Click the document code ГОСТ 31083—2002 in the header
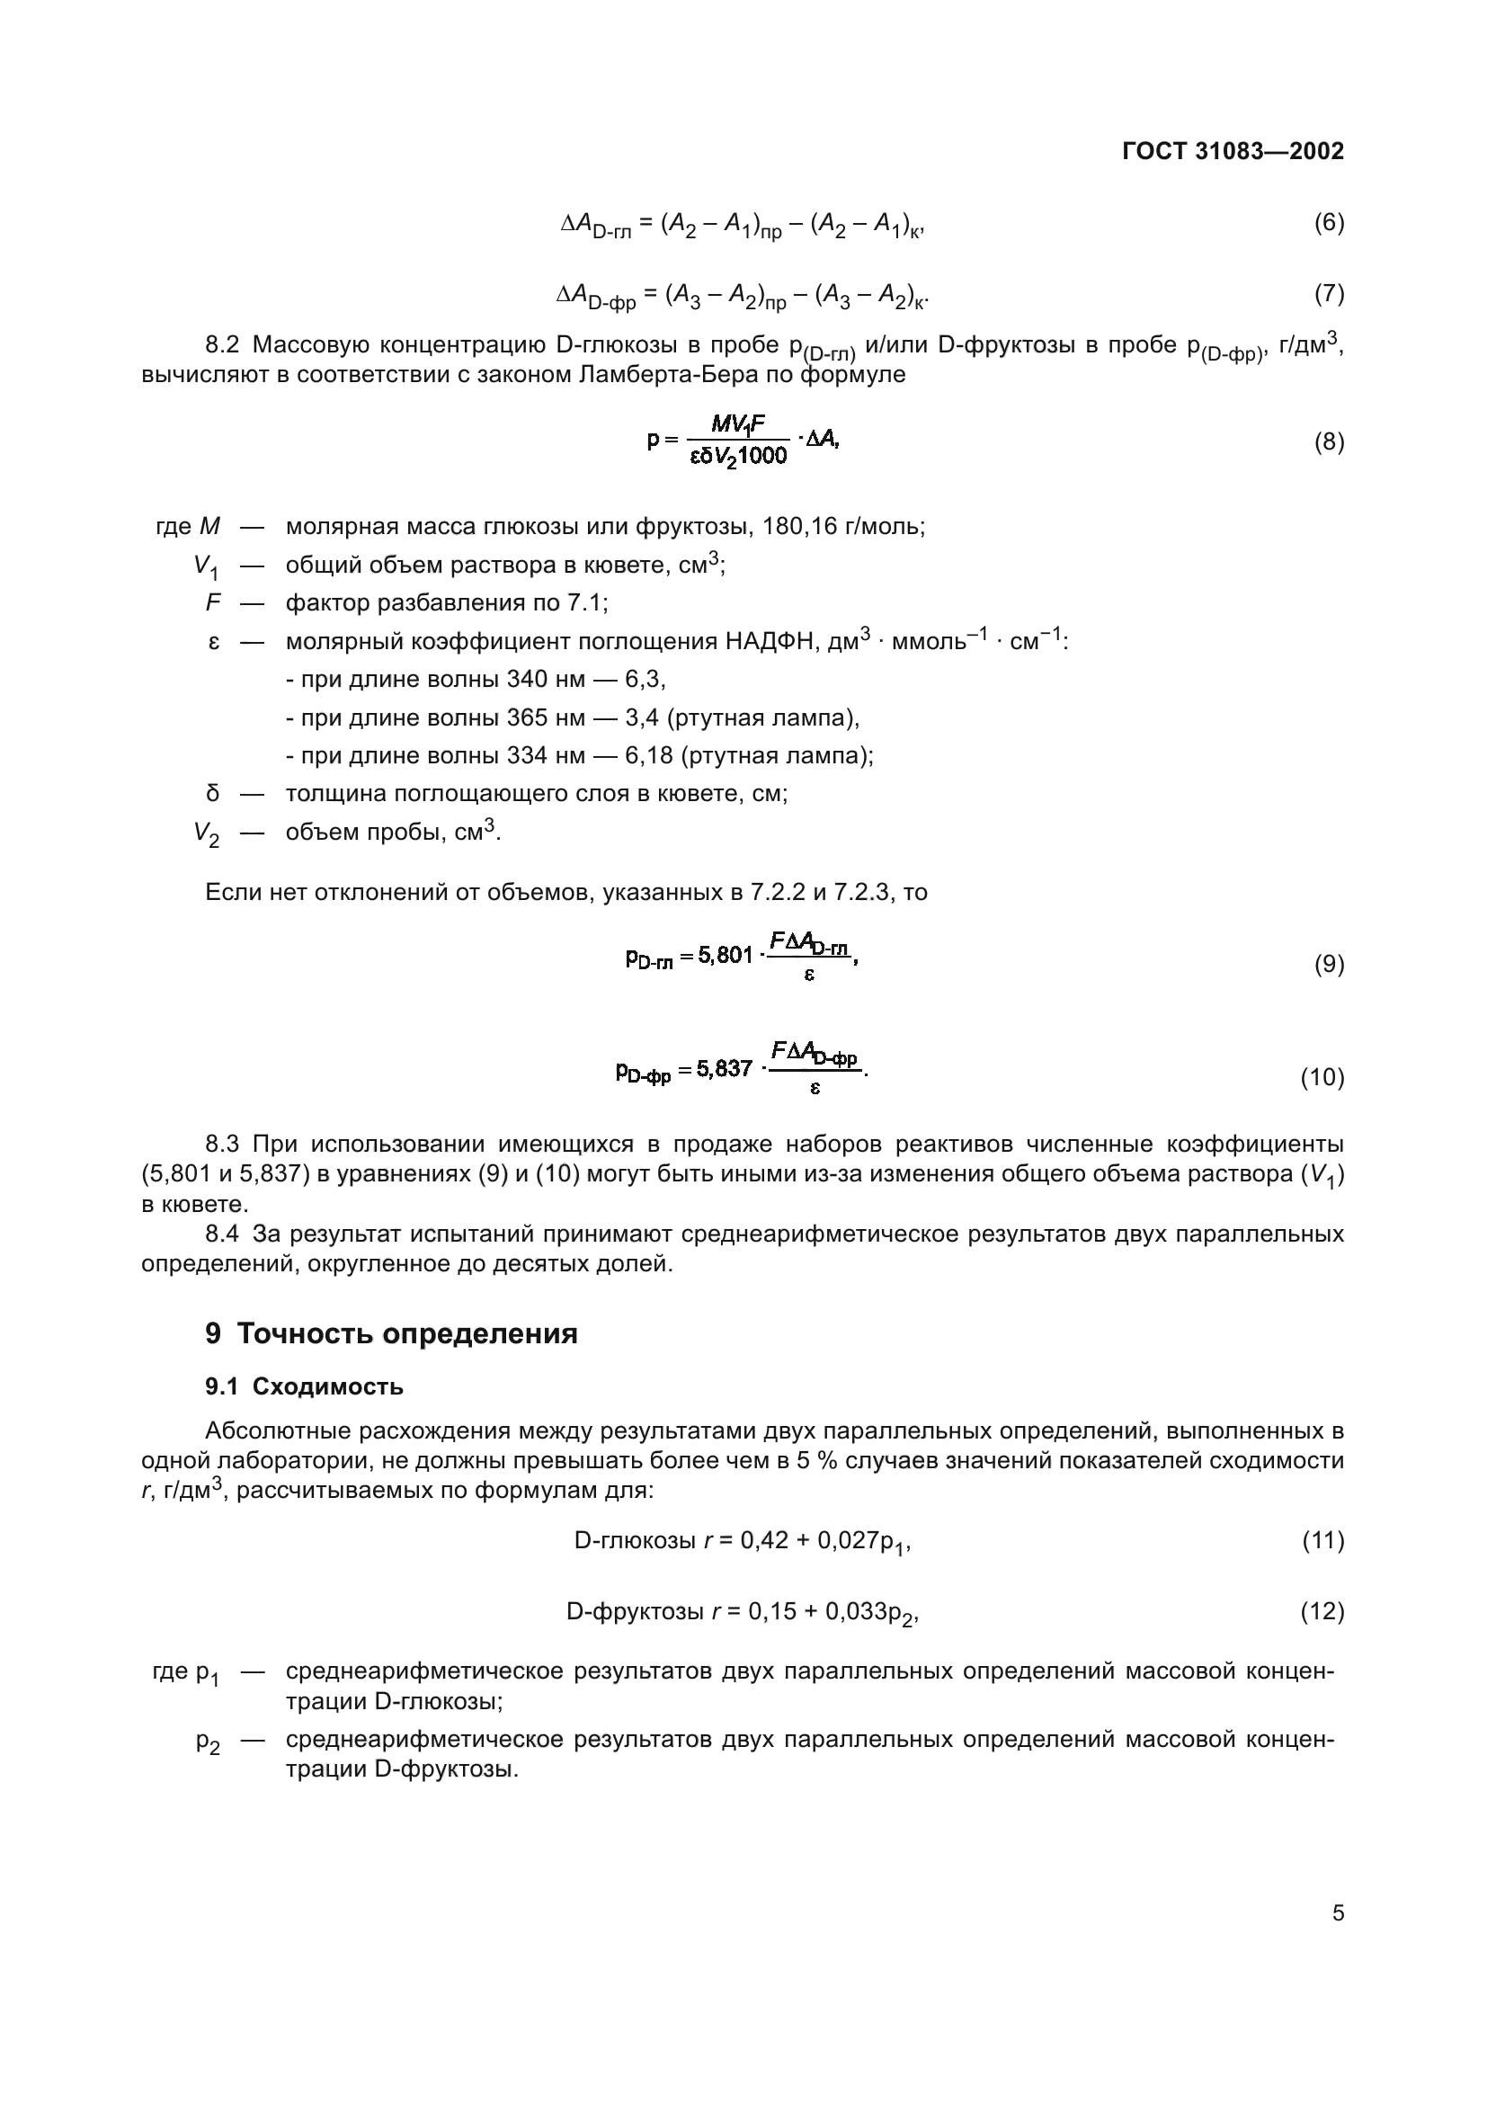coord(1233,151)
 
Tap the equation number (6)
coord(1329,223)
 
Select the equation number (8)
coord(1329,442)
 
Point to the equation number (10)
coord(1322,1078)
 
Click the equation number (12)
coord(1322,1611)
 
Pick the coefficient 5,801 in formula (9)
coord(726,957)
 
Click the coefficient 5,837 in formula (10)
coord(725,1069)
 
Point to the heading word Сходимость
coord(328,1386)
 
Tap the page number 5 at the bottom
coord(1338,1913)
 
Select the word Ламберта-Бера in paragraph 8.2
coord(658,375)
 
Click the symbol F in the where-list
coord(213,602)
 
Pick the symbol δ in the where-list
coord(212,793)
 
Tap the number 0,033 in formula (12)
coord(856,1611)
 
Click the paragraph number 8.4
coord(221,1234)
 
